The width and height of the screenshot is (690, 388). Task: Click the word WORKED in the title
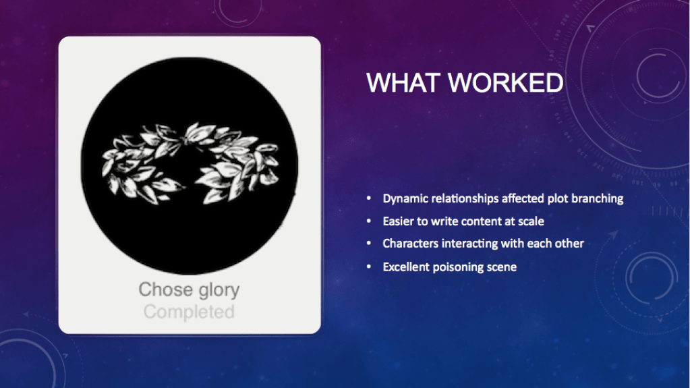pyautogui.click(x=506, y=82)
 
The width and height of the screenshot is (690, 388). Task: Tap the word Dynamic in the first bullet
pyautogui.click(x=404, y=199)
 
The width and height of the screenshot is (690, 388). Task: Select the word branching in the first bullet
pyautogui.click(x=596, y=199)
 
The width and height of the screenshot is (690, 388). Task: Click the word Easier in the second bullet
pyautogui.click(x=399, y=221)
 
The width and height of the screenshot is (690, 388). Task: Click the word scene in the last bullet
pyautogui.click(x=502, y=267)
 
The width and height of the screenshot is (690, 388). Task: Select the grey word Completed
pyautogui.click(x=189, y=312)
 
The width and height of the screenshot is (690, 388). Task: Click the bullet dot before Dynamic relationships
pyautogui.click(x=368, y=200)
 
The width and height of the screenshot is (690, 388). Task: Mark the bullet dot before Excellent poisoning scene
pyautogui.click(x=368, y=267)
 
